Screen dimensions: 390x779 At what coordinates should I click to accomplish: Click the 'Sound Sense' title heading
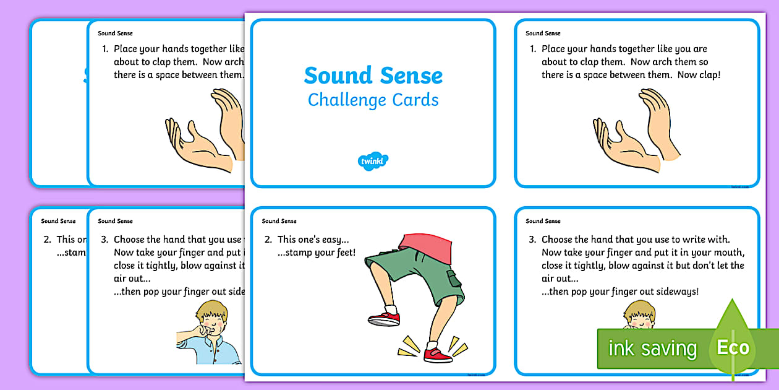(373, 76)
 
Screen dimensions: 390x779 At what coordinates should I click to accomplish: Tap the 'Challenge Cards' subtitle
(373, 100)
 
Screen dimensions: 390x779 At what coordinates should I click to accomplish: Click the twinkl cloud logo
(373, 161)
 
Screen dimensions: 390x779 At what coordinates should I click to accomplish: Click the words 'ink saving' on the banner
(652, 348)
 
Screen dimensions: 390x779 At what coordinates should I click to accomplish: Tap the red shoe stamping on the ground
(438, 355)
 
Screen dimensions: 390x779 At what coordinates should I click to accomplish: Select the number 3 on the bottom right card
(532, 239)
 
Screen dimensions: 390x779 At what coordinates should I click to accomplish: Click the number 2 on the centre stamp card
(268, 239)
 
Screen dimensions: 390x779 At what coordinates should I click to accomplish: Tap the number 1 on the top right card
(532, 49)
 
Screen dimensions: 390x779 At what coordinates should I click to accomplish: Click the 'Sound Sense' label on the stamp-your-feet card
(279, 221)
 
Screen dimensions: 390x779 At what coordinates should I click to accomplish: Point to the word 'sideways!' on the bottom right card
(691, 292)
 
